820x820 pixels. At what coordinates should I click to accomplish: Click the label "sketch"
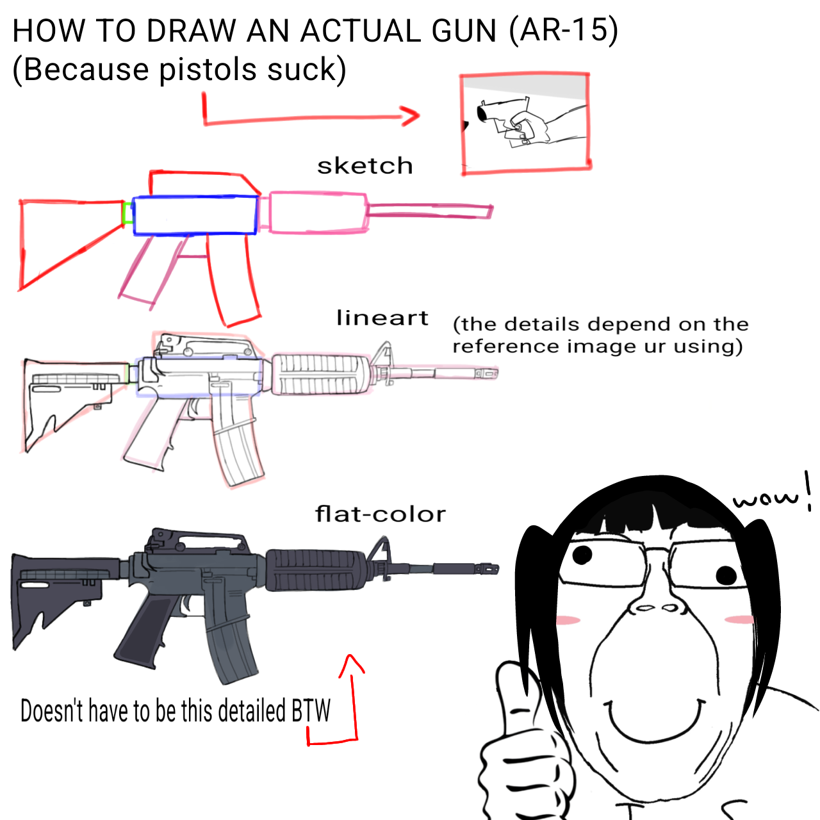point(365,165)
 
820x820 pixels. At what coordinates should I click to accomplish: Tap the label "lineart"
point(382,318)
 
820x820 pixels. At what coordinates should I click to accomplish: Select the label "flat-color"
point(381,514)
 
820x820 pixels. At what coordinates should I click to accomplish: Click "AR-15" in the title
point(563,31)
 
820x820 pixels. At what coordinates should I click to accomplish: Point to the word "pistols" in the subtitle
point(208,70)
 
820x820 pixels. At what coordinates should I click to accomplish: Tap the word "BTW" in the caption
point(311,710)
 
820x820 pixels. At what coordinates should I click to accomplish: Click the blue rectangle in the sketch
point(195,215)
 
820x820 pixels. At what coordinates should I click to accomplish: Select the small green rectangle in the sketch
point(127,213)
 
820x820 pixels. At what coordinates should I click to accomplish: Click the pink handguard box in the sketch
point(318,213)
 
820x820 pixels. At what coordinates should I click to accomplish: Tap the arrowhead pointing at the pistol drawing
point(410,116)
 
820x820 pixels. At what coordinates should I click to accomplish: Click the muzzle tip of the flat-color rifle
point(496,568)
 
